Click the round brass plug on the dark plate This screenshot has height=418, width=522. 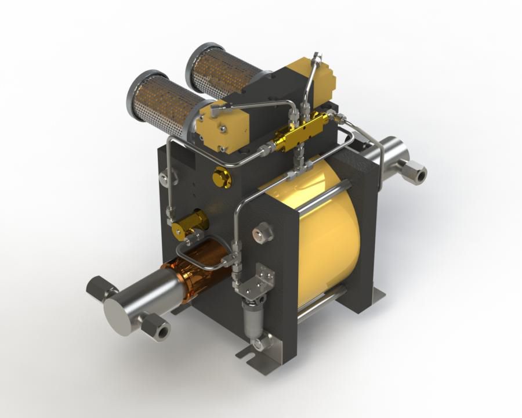(221, 176)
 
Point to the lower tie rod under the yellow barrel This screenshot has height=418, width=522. (322, 305)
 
